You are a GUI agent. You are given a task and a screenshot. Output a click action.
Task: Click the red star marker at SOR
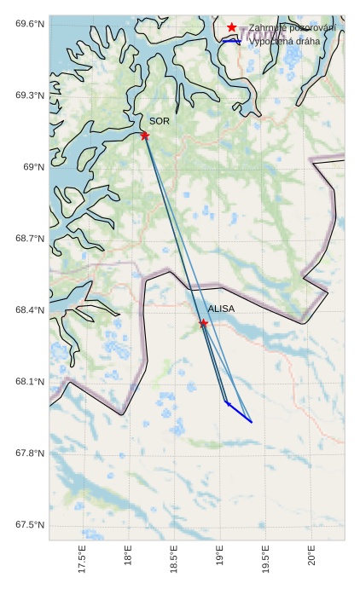(145, 135)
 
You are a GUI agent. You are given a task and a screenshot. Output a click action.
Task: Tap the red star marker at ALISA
(203, 323)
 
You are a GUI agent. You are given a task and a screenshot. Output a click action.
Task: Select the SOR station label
(160, 122)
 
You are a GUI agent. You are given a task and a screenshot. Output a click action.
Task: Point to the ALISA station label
(221, 309)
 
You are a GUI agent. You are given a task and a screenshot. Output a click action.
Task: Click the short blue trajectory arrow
(238, 412)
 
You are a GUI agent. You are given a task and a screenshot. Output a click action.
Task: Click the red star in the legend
(231, 27)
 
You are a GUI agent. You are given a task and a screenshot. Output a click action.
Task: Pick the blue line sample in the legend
(231, 40)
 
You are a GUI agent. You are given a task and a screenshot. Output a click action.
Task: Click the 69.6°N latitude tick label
(29, 24)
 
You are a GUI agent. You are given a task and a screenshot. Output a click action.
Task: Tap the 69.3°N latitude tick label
(29, 95)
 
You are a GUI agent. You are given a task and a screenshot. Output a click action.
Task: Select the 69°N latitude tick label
(32, 167)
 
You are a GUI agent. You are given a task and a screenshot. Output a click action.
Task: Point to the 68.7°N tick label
(29, 239)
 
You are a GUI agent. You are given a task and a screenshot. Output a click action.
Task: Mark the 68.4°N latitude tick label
(29, 310)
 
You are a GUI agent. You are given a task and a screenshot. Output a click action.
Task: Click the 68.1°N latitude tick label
(29, 382)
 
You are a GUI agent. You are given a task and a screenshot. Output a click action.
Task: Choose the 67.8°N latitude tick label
(29, 453)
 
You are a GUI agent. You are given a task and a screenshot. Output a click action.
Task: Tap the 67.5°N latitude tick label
(29, 525)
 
